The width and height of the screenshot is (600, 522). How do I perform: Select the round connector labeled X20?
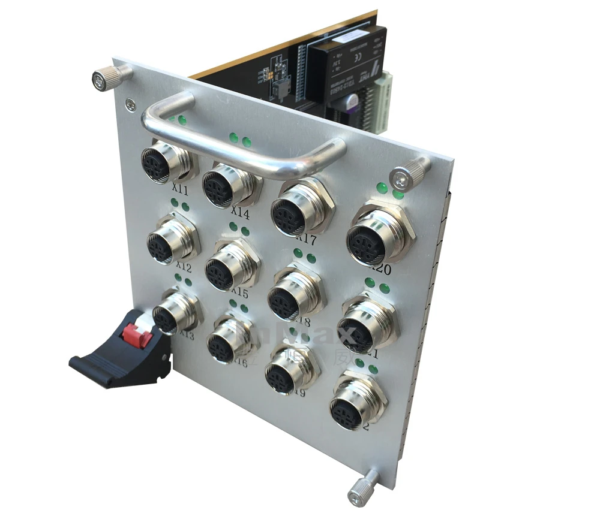coord(367,240)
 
